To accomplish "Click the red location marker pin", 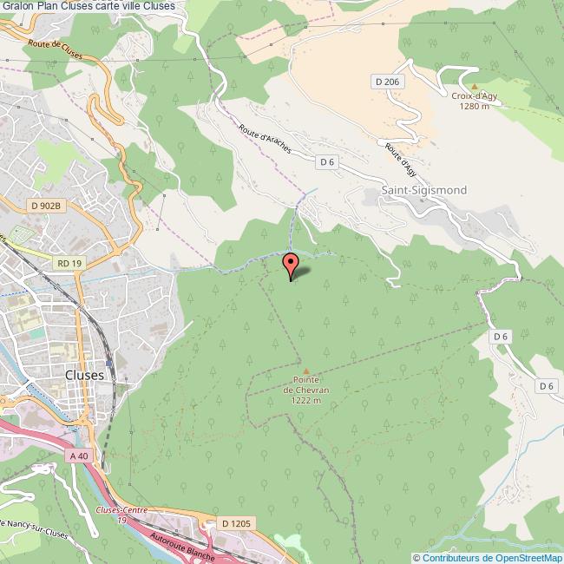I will [x=291, y=264].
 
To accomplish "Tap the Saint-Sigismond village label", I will [x=423, y=190].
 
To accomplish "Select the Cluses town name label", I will [x=85, y=375].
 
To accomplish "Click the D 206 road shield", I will [x=388, y=82].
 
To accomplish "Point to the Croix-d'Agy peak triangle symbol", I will [x=474, y=86].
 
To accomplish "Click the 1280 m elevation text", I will [x=474, y=106].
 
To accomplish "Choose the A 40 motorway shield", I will [x=77, y=455].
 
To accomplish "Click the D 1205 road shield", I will [x=235, y=523].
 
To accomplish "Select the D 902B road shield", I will [x=45, y=206].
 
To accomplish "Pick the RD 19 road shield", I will [x=69, y=261].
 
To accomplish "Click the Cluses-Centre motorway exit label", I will [x=122, y=509].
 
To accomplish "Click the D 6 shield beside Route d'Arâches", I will [x=326, y=161].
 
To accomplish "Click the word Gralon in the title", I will [x=17, y=6].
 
